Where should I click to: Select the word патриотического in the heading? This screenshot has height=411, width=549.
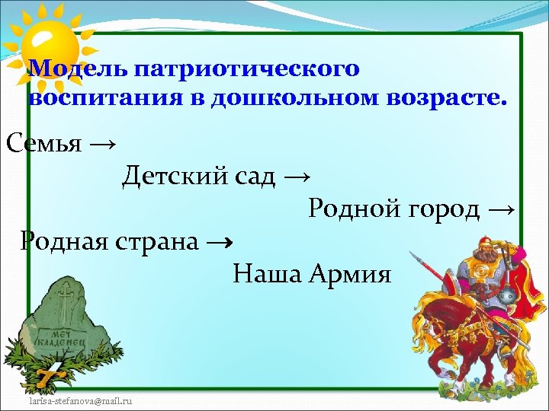click(x=246, y=69)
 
